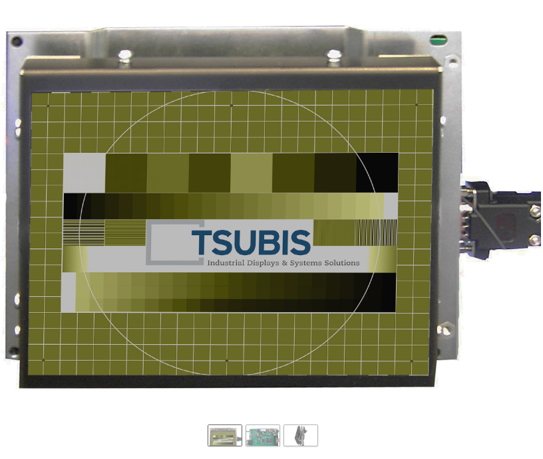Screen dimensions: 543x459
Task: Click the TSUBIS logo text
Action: (251, 242)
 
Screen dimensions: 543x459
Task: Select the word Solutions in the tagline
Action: (342, 262)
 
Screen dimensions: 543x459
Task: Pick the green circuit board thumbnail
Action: (263, 436)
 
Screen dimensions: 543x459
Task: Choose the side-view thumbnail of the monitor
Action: (301, 436)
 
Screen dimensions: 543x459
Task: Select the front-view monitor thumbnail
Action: (225, 436)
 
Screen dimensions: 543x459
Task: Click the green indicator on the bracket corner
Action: (438, 41)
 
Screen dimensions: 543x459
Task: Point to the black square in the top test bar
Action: (377, 173)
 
